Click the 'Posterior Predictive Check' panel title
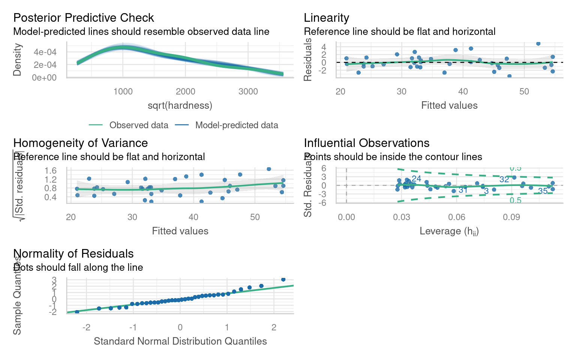(x=83, y=18)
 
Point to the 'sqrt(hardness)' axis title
(x=180, y=105)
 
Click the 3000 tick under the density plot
(x=248, y=91)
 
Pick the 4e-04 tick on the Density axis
(x=45, y=52)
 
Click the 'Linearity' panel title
(x=326, y=18)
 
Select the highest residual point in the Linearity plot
(x=538, y=43)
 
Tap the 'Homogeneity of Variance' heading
(x=80, y=143)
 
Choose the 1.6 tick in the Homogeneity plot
(x=50, y=171)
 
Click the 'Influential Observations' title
(x=366, y=143)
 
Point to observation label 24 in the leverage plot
(x=416, y=178)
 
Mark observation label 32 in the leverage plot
(x=504, y=180)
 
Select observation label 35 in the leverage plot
(x=543, y=191)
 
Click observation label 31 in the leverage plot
(x=463, y=190)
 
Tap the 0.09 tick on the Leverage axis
(x=511, y=217)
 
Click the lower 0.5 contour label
(x=515, y=201)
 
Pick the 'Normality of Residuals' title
(x=73, y=253)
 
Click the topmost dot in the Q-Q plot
(x=283, y=279)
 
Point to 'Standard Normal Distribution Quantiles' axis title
(x=180, y=341)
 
